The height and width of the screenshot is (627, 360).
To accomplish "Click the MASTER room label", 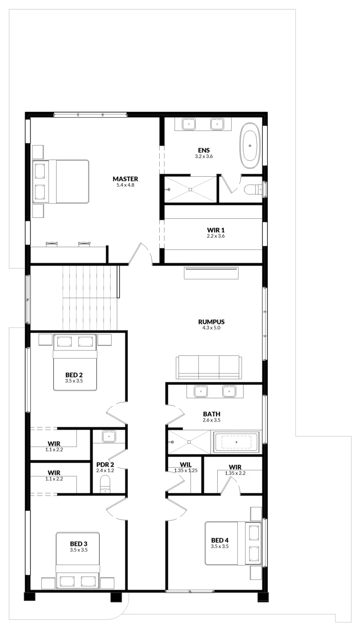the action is (125, 179).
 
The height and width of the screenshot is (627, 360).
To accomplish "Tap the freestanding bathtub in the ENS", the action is (250, 145).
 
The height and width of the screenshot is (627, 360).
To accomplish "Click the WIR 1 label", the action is (216, 230).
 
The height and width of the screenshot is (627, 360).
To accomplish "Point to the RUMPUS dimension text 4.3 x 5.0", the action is (211, 328).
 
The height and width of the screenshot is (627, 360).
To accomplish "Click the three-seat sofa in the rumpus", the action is (209, 367).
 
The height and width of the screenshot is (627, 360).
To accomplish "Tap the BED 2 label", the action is (74, 375).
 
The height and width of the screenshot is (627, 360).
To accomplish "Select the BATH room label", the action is (211, 414).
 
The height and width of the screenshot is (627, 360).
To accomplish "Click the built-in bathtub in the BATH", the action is (236, 442).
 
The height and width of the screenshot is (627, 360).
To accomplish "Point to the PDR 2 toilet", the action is (105, 484).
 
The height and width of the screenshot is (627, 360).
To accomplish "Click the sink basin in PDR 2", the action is (109, 436).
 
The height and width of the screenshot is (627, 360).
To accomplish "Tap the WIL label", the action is (185, 465).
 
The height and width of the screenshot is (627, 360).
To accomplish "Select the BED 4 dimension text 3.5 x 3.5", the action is (220, 546).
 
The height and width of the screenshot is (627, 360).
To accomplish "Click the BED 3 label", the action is (78, 544).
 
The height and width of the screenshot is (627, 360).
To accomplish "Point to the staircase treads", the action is (90, 298).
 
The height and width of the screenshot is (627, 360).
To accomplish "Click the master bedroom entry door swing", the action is (140, 253).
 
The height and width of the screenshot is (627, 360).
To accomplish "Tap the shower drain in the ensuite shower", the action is (190, 190).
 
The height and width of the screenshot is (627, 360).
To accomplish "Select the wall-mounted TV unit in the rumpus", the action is (211, 273).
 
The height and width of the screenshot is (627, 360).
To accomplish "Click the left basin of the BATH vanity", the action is (201, 391).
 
